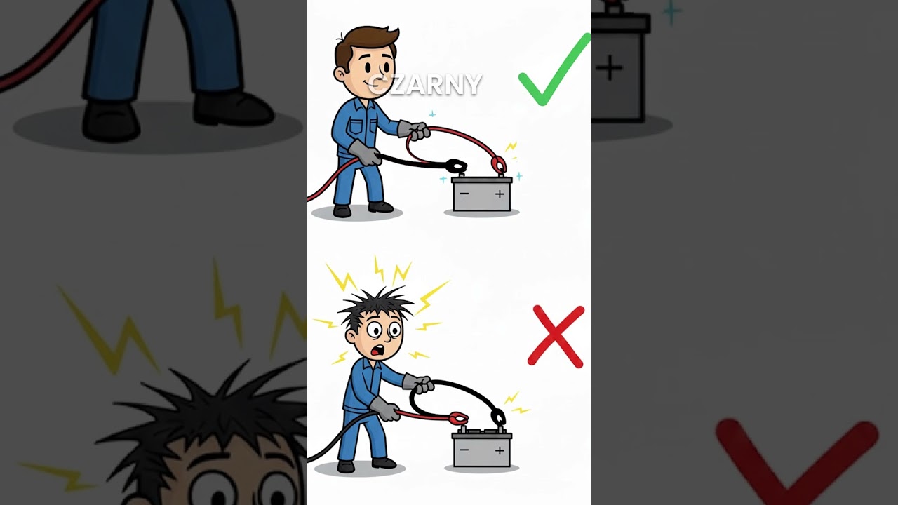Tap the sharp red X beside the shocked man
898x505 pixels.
click(x=556, y=336)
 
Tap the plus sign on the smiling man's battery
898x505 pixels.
click(x=500, y=194)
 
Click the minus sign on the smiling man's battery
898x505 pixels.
click(x=464, y=194)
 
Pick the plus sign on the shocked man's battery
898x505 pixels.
click(x=500, y=450)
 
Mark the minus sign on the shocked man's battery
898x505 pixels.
click(x=464, y=450)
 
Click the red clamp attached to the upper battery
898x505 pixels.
click(x=499, y=165)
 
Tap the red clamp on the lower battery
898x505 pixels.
click(x=457, y=419)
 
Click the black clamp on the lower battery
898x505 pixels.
click(x=497, y=418)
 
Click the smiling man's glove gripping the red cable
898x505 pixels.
click(x=413, y=130)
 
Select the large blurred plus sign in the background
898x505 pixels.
click(x=609, y=68)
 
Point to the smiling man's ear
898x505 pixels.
click(x=341, y=72)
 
